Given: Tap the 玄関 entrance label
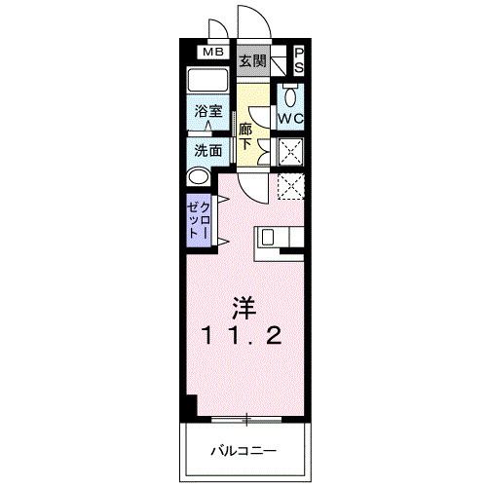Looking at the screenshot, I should pos(253,60).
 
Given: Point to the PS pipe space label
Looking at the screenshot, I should pos(299,59).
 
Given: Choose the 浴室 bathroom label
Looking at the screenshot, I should pos(207,112).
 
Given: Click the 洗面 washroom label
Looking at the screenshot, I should pos(207,151).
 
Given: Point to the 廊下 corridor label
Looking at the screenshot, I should pos(247,135).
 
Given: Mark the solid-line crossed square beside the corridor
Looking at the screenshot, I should pos(290,151).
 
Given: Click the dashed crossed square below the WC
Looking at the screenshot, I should pos(290,185).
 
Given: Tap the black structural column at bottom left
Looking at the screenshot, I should pos(191,407).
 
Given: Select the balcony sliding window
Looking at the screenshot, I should pos(246,420).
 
